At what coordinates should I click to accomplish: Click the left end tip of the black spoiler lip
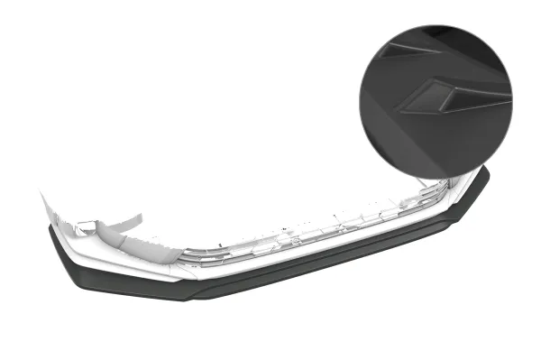coord(50,229)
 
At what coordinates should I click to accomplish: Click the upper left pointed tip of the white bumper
coord(41,191)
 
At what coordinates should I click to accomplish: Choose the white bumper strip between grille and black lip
coord(270,264)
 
